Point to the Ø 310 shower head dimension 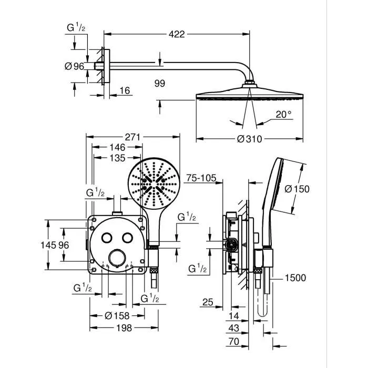point(249,139)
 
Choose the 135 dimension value point(116,158)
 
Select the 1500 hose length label point(295,278)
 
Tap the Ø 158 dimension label point(117,315)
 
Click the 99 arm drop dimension point(160,83)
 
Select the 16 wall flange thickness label point(124,90)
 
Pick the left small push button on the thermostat point(107,238)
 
